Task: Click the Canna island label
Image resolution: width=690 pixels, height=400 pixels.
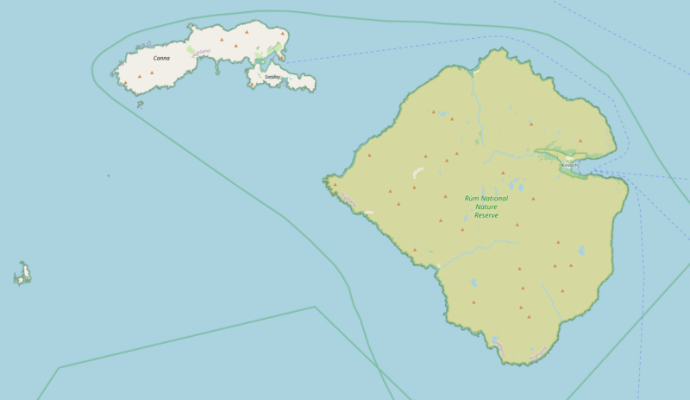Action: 161,59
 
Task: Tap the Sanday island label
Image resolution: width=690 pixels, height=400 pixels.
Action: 273,77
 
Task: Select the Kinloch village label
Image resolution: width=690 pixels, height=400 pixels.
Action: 569,164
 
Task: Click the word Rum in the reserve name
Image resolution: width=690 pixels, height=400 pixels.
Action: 471,198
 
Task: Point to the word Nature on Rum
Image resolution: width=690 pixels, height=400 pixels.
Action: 486,206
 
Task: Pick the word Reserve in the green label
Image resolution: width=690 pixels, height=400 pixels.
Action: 486,215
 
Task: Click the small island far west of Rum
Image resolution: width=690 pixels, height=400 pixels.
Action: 23,275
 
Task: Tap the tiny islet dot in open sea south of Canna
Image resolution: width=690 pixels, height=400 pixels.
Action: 109,175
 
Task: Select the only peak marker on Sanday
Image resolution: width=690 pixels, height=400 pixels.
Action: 253,84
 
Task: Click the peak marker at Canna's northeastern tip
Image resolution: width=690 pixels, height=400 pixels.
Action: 283,34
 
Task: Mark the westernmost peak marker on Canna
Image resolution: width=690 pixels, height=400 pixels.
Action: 126,83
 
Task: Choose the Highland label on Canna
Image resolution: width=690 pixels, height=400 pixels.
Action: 201,52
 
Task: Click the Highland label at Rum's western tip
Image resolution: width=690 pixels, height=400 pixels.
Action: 347,200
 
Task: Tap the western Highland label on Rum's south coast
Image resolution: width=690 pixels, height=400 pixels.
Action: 499,347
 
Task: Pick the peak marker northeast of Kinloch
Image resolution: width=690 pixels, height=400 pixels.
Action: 580,141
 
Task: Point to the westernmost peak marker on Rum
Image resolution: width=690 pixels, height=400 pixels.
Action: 335,184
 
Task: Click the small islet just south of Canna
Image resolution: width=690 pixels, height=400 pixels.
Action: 140,105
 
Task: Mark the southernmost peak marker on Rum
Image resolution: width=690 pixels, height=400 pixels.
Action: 529,317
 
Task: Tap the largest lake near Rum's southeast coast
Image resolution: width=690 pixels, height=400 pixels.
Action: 581,251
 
